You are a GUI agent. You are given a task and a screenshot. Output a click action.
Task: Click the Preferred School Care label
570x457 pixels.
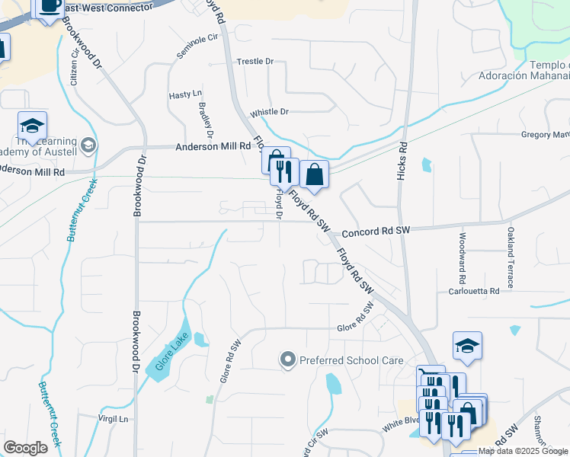click(x=351, y=360)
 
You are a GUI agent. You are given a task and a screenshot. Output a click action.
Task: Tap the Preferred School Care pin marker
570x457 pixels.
click(x=287, y=359)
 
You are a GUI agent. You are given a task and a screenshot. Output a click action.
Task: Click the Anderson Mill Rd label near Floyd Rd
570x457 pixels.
click(x=213, y=146)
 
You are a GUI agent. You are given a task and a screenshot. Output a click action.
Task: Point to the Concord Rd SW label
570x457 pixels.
click(x=376, y=231)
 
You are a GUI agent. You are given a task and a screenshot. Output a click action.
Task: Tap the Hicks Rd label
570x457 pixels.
click(x=402, y=161)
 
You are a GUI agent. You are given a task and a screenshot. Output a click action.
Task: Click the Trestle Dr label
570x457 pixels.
click(x=255, y=61)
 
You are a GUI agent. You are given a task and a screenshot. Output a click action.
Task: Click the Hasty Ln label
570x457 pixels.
click(x=184, y=94)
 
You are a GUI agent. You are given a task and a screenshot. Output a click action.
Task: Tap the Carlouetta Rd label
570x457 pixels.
click(x=473, y=291)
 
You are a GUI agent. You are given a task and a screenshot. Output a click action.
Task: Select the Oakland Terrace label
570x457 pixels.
click(x=511, y=253)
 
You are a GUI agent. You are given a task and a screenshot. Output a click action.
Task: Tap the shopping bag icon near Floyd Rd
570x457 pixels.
click(x=314, y=175)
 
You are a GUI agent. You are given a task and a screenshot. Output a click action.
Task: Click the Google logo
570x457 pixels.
click(x=25, y=448)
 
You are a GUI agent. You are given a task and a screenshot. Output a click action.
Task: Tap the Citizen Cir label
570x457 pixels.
click(x=75, y=66)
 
